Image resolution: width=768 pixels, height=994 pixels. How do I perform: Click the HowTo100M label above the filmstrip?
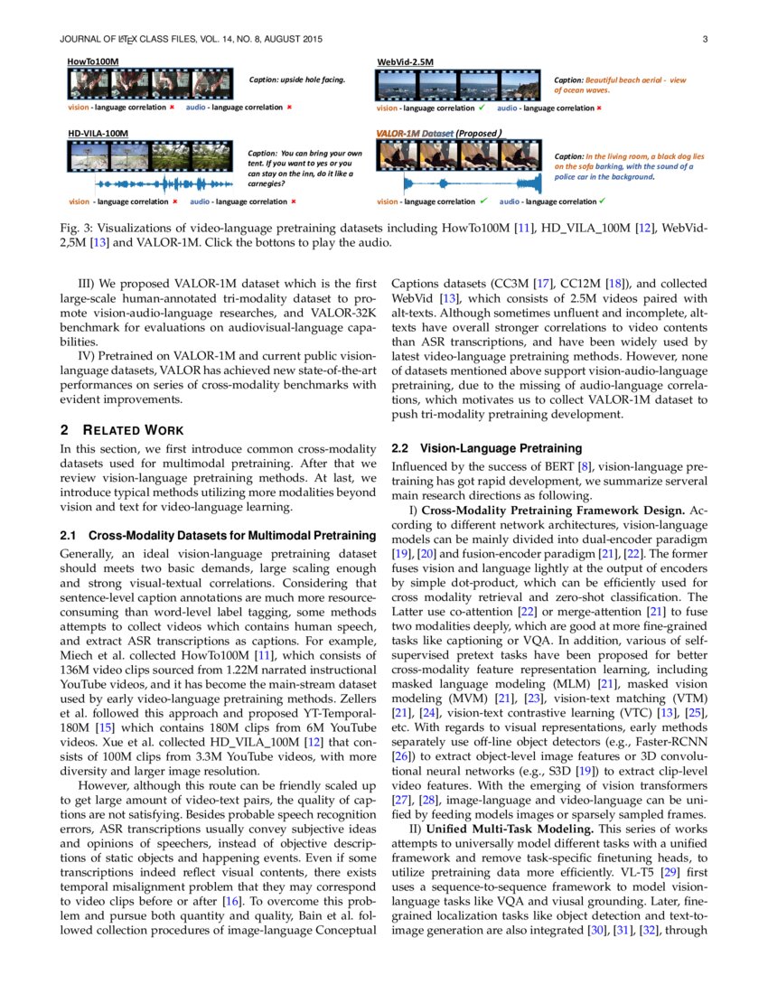(x=93, y=61)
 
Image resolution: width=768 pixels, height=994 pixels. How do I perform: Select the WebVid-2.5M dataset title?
(x=405, y=61)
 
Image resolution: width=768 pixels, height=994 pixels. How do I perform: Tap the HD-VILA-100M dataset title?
(x=98, y=133)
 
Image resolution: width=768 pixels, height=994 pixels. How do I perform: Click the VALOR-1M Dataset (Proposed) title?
(x=438, y=133)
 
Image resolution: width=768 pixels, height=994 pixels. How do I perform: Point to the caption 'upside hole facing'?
(x=297, y=80)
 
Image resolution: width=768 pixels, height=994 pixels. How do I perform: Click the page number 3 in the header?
(x=704, y=39)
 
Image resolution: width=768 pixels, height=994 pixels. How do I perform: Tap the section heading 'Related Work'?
(x=131, y=429)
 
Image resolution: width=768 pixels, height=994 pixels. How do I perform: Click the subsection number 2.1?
(x=69, y=535)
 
